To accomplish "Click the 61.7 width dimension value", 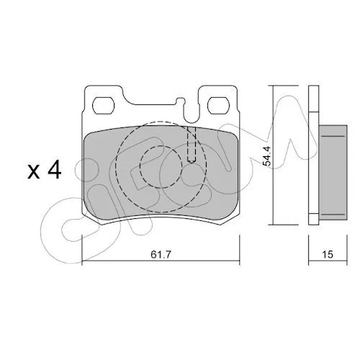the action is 161,254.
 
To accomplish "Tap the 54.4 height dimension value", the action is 266,156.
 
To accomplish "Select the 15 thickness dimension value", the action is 328,254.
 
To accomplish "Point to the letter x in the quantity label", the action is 34,172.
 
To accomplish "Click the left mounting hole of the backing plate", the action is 104,106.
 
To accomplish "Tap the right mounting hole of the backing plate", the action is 219,106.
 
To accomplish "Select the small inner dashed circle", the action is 161,166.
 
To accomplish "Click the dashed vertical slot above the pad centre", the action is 192,145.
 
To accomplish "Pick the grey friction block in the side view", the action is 333,173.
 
